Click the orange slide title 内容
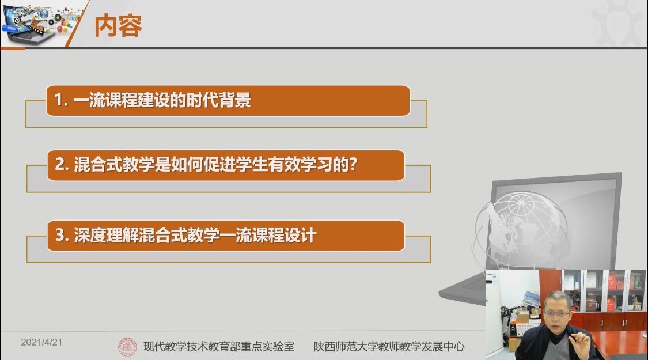(118, 25)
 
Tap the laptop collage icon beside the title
(39, 22)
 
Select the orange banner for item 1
(228, 100)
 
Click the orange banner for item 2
(226, 165)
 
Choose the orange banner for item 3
(226, 236)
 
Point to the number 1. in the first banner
(60, 100)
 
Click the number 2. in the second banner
(62, 165)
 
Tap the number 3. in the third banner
(62, 235)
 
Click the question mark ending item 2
(353, 164)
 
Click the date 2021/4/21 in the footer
(41, 342)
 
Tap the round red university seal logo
(127, 347)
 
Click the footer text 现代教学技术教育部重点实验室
(219, 346)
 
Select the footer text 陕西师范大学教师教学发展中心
(389, 346)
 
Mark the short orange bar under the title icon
(13, 48)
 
